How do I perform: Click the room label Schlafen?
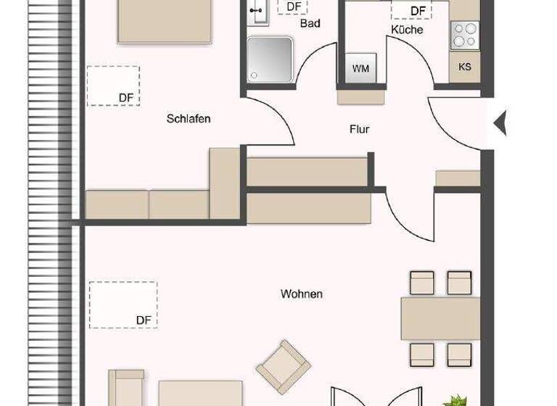tap(189, 119)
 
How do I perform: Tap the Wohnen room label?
tap(302, 294)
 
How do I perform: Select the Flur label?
tap(360, 130)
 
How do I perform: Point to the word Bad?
tap(310, 24)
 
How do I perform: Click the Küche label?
tap(407, 30)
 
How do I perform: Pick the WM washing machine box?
tap(360, 68)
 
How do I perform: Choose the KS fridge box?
tap(465, 67)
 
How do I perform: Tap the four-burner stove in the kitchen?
tap(465, 33)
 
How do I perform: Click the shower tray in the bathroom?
tap(271, 59)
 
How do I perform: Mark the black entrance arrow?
tap(500, 123)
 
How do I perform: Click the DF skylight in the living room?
tap(123, 304)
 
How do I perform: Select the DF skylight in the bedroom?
tap(113, 86)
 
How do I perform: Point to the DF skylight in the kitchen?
tap(411, 9)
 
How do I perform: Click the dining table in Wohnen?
tap(440, 318)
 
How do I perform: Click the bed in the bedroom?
tap(165, 20)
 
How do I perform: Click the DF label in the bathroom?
tap(293, 7)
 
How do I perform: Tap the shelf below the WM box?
tap(361, 96)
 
